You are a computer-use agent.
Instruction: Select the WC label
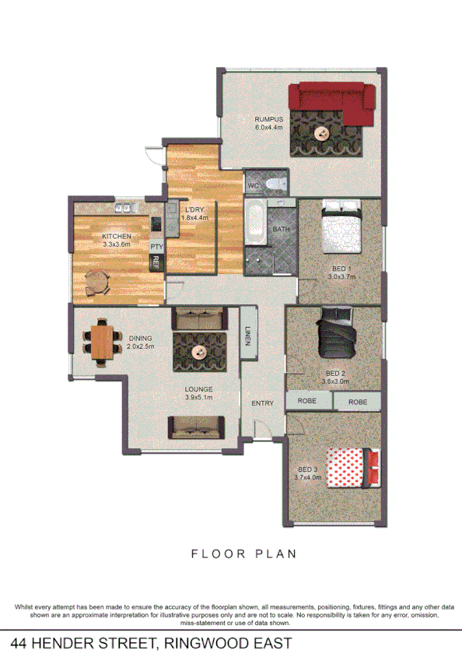tap(253, 186)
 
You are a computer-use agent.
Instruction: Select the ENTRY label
tap(262, 402)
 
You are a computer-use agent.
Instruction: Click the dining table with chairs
tap(101, 342)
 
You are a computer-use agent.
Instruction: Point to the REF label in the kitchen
tap(156, 262)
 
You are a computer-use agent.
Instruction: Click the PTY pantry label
tap(156, 247)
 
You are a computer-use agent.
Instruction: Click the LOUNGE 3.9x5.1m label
tap(199, 393)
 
